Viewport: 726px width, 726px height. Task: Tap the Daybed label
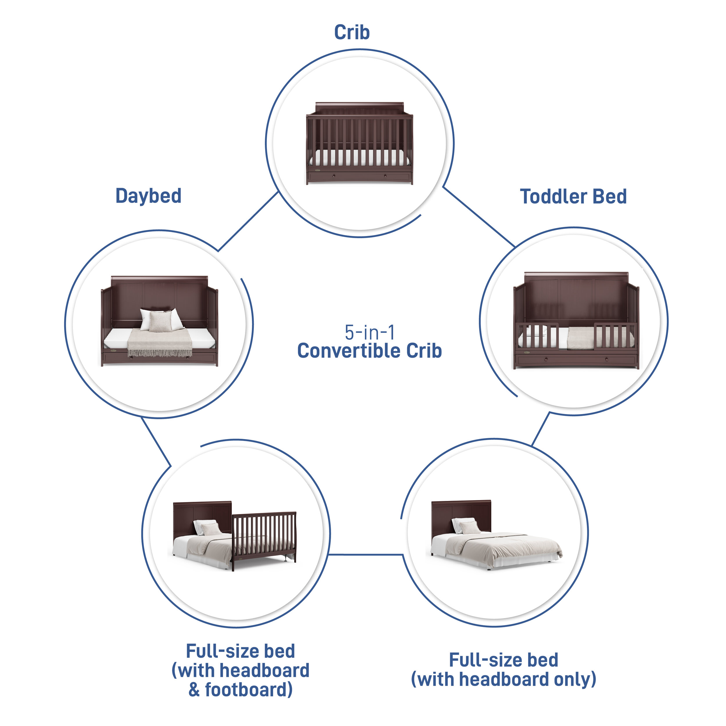pos(148,196)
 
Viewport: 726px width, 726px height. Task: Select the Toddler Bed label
pos(573,197)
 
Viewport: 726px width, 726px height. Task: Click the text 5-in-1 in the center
pos(370,332)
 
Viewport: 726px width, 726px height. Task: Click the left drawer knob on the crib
pos(333,175)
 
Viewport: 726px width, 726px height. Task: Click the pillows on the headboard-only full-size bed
pos(466,526)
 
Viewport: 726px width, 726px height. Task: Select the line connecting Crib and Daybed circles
pos(248,221)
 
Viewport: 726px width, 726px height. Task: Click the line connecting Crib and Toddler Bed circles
pos(479,217)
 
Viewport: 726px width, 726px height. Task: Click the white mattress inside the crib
pos(359,158)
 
